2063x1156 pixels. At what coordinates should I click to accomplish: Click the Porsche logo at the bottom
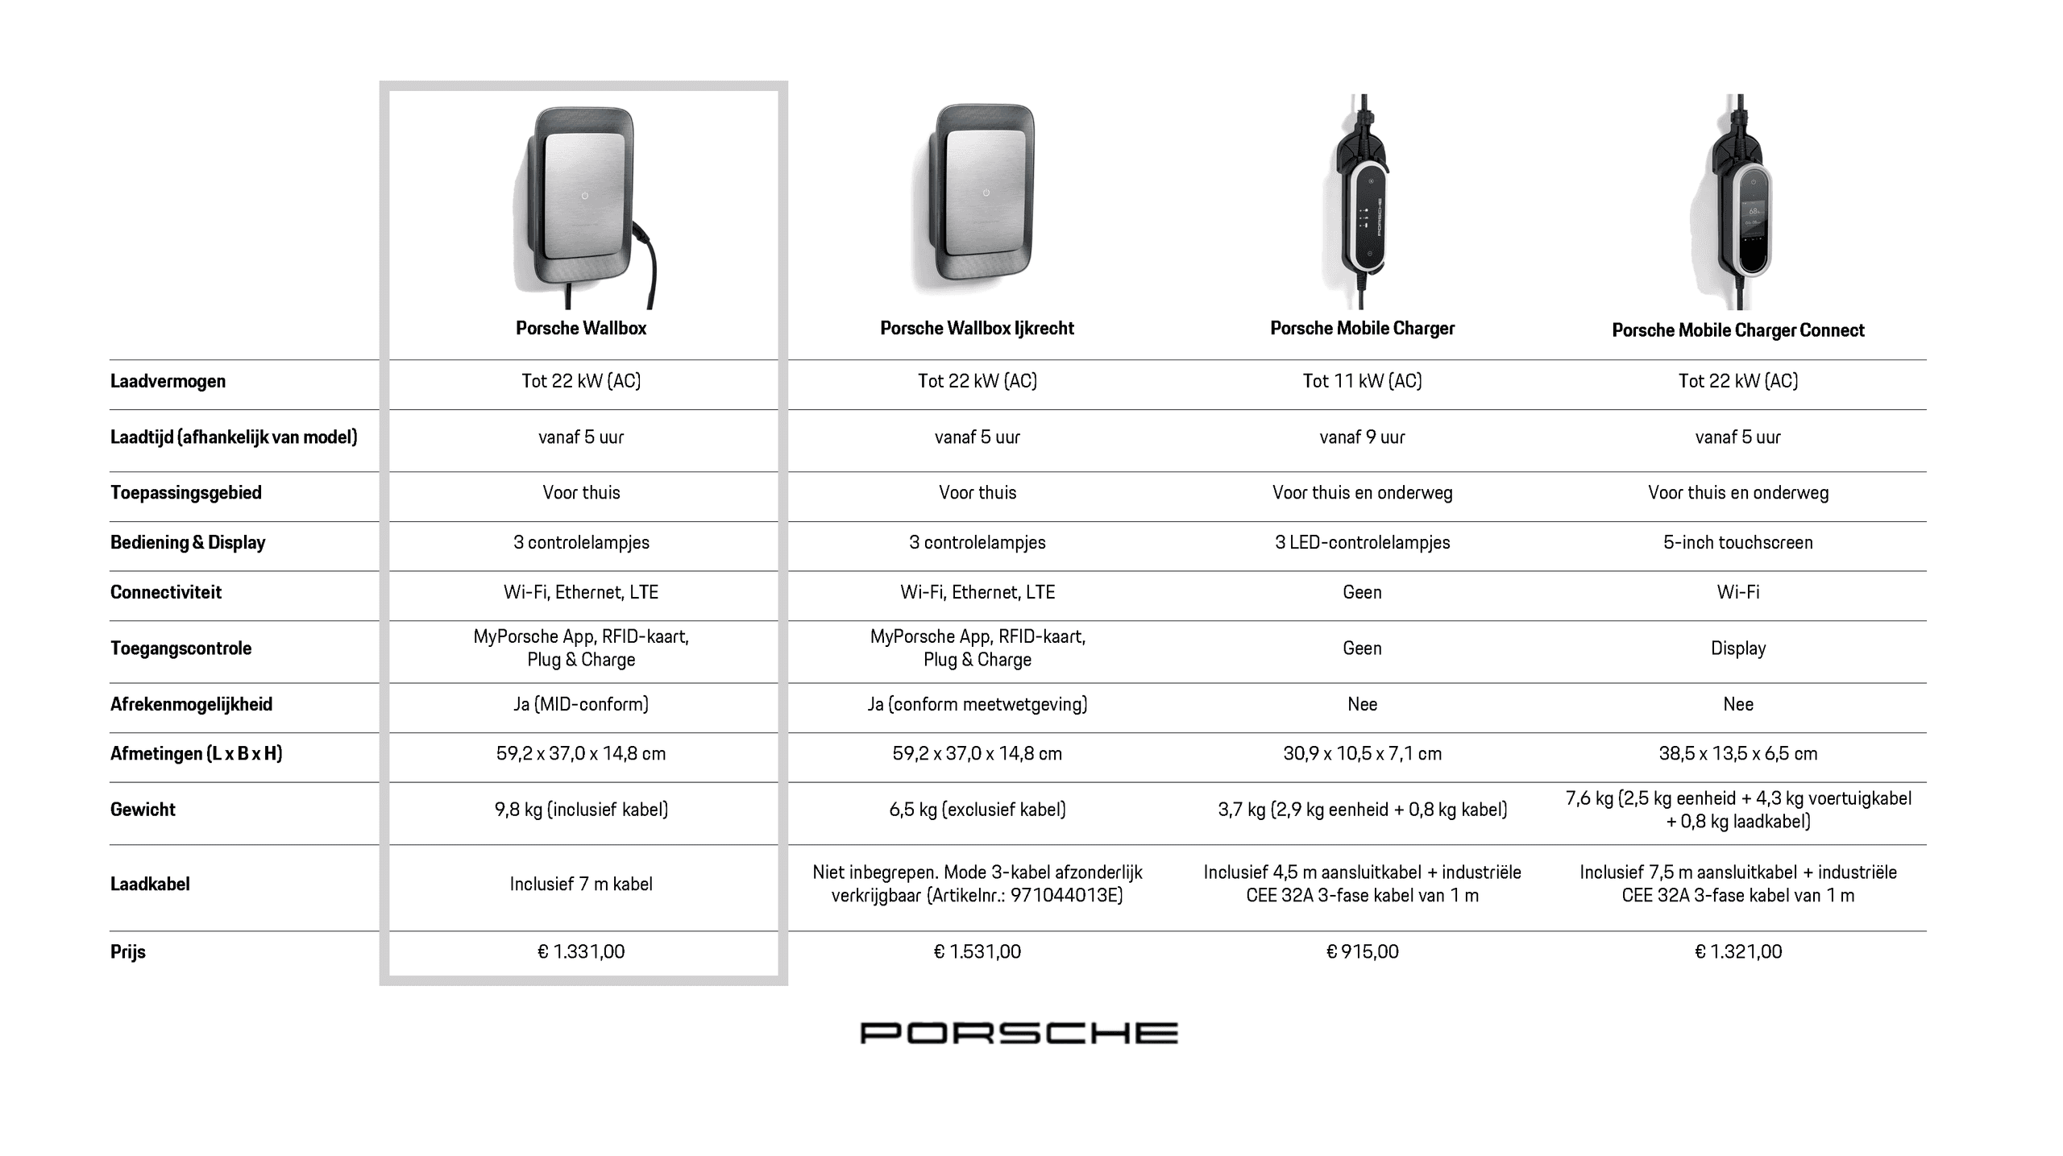[x=1019, y=1033]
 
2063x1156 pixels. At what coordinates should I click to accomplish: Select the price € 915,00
[x=1362, y=951]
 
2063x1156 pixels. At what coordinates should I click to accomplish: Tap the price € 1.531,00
[x=977, y=951]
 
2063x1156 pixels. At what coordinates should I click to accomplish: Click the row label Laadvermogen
[x=168, y=381]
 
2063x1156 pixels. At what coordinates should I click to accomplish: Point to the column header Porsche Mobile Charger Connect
[x=1737, y=330]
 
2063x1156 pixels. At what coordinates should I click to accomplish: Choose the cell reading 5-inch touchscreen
[x=1737, y=542]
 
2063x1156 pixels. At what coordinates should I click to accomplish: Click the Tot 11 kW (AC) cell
[x=1362, y=381]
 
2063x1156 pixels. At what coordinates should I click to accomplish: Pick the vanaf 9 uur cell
[x=1362, y=437]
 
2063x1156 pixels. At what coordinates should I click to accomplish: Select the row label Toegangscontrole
[x=181, y=648]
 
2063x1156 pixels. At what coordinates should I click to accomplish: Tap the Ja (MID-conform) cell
[x=581, y=704]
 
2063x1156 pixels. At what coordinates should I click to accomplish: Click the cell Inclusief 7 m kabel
[x=581, y=884]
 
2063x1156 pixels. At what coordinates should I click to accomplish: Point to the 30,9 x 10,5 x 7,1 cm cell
[x=1362, y=754]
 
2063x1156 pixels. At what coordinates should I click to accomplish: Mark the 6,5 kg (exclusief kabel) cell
[x=977, y=810]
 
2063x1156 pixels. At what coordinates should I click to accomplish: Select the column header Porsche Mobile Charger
[x=1362, y=328]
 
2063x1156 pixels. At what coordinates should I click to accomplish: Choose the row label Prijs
[x=128, y=951]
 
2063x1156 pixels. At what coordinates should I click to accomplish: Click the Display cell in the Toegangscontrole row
[x=1737, y=648]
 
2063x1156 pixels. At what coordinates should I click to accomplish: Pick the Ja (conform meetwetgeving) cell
[x=977, y=704]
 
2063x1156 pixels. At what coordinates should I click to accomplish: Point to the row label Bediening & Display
[x=188, y=542]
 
